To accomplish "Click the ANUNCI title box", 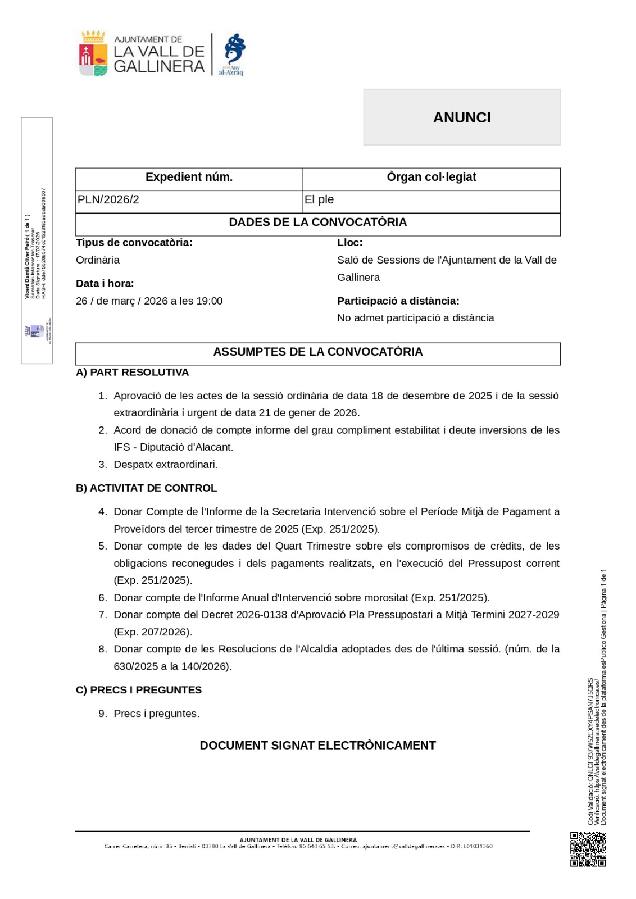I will [x=461, y=117].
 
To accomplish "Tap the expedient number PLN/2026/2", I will [x=108, y=200].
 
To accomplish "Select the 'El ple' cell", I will [x=319, y=200].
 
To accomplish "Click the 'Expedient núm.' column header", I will [x=189, y=178].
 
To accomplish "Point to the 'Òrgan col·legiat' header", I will [x=431, y=178].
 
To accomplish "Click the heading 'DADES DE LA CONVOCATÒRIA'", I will [x=317, y=223].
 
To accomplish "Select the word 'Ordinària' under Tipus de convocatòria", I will [x=98, y=260].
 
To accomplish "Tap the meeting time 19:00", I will [x=209, y=301].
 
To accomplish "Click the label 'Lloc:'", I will [x=349, y=243].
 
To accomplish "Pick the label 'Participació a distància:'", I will [x=398, y=301].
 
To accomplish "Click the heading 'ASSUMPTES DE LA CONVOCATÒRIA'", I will [x=317, y=352].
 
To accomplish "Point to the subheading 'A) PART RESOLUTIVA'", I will [x=132, y=373].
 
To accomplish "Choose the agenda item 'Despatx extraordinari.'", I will [x=165, y=465].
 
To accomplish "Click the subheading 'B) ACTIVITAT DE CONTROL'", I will [x=146, y=488].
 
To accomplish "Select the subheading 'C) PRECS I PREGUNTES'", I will [x=138, y=690].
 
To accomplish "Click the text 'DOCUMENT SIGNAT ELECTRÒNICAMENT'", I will [x=317, y=746].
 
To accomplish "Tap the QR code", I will [x=588, y=849].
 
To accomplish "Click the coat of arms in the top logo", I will [x=93, y=54].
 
